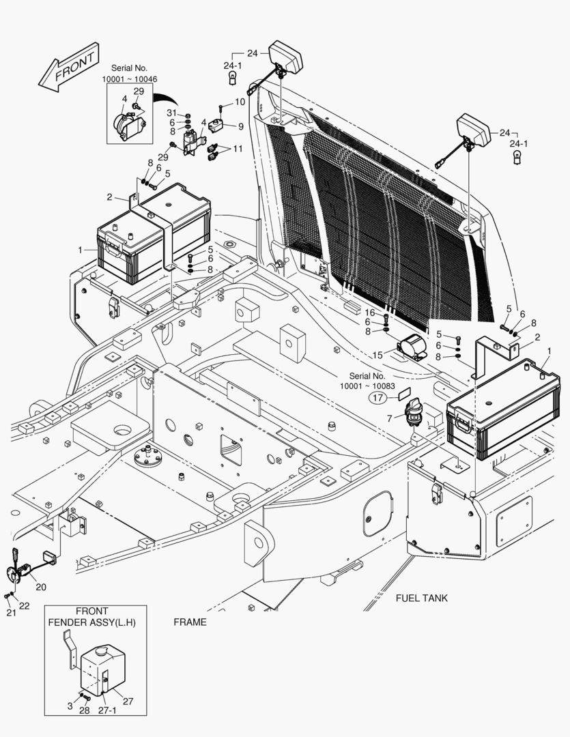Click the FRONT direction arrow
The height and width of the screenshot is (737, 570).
(69, 68)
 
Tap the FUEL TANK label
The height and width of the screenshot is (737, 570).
(421, 598)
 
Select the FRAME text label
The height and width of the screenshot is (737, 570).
(190, 622)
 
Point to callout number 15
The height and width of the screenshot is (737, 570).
(377, 355)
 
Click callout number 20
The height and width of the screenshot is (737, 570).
(41, 586)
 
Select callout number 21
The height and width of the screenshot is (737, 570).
(10, 613)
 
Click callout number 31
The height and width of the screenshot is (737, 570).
(172, 113)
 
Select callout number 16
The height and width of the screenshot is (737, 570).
(369, 313)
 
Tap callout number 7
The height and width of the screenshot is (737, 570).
(390, 417)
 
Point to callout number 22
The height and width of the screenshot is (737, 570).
(24, 606)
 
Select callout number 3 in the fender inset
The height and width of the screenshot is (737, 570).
(70, 706)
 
